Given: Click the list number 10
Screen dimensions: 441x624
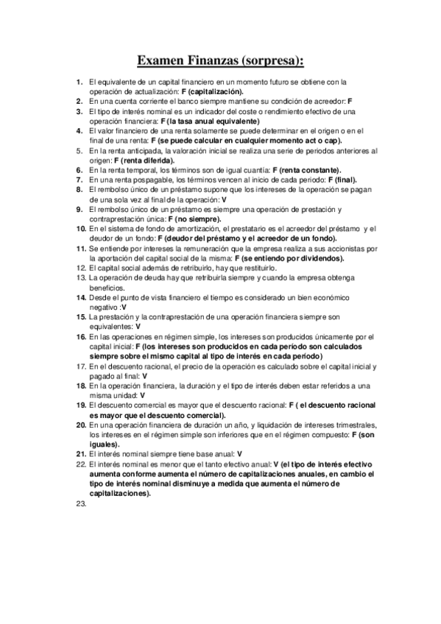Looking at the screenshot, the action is [81, 229].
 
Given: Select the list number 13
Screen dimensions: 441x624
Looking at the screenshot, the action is [81, 278].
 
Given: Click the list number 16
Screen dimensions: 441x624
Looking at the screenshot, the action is [81, 336].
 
